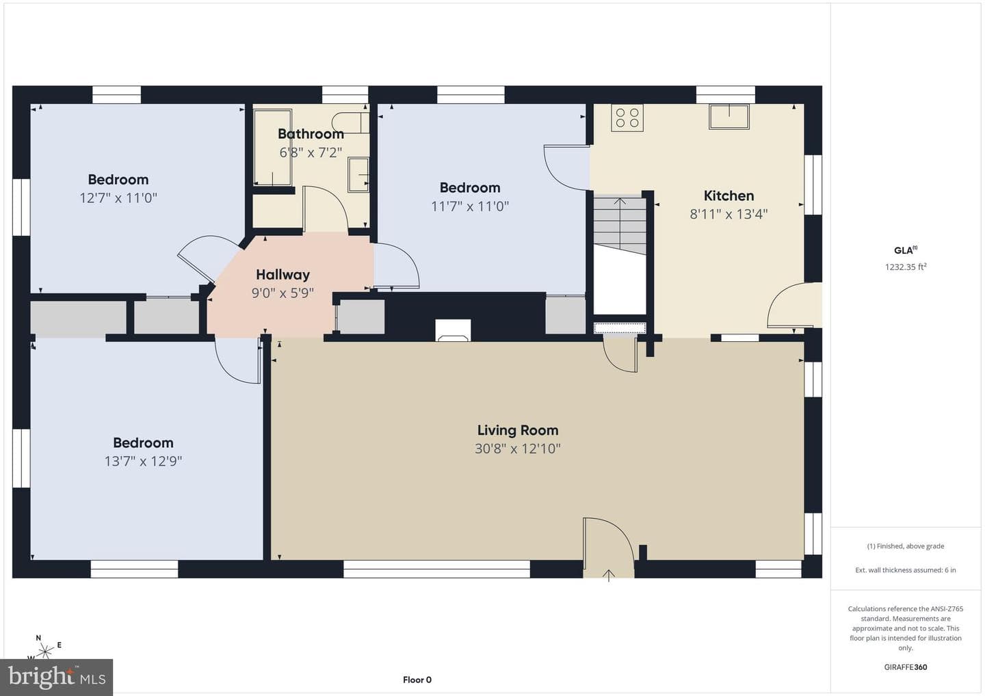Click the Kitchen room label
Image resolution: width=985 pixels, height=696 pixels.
pos(728,196)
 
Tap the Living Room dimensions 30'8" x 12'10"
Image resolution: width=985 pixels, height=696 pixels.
pos(518,449)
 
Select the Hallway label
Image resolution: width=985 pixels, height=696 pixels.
pos(283,275)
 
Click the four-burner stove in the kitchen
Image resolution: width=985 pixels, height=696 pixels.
pos(627,118)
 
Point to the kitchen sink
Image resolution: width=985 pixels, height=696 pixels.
pos(729,116)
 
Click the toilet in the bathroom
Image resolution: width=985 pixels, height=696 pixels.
pos(350,122)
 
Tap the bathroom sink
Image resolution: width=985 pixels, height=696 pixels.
pos(358,175)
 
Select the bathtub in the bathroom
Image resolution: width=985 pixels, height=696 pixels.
pos(273,147)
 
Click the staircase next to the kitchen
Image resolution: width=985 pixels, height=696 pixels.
pos(620,226)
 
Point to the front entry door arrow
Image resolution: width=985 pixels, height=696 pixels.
pos(609,576)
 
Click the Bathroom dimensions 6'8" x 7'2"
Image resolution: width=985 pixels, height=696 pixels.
pos(311,153)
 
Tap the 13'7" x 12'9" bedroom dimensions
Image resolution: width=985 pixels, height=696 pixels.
pos(143,461)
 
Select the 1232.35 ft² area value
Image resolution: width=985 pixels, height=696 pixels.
pos(906,267)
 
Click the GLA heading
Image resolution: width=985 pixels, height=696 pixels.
pos(906,250)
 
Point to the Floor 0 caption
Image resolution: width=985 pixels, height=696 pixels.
pos(417,680)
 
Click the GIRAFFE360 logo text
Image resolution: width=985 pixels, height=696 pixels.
pos(906,667)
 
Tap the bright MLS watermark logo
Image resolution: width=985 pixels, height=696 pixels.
pos(57,677)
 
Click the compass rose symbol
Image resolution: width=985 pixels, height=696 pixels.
pos(44,650)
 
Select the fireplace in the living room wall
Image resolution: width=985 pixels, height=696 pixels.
pos(453,330)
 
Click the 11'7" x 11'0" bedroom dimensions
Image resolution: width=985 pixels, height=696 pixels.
pos(470,206)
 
